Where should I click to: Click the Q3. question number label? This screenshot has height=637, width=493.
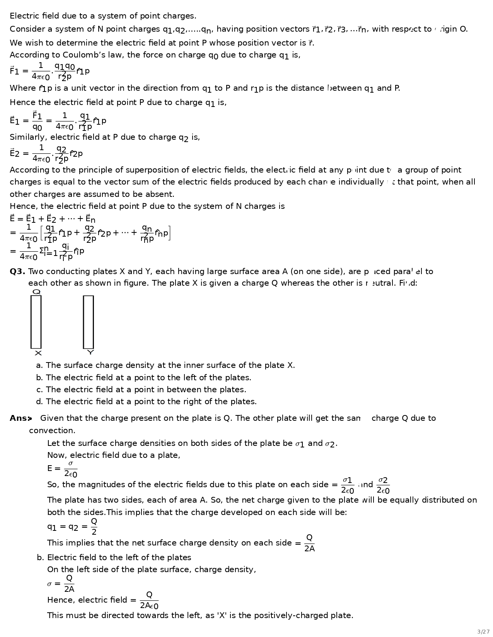click(17, 272)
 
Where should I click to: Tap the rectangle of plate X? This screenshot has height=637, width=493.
click(36, 322)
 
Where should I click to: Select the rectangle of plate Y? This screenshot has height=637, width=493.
click(88, 322)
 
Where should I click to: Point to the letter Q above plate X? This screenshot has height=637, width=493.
click(36, 292)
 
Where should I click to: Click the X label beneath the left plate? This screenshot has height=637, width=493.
click(38, 353)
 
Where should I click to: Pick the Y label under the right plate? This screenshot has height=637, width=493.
click(90, 352)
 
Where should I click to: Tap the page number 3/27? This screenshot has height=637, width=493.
click(483, 632)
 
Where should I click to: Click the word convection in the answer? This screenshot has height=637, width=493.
click(52, 431)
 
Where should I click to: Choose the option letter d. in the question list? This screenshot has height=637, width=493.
click(39, 402)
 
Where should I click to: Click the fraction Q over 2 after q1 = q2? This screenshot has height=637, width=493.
click(94, 527)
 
